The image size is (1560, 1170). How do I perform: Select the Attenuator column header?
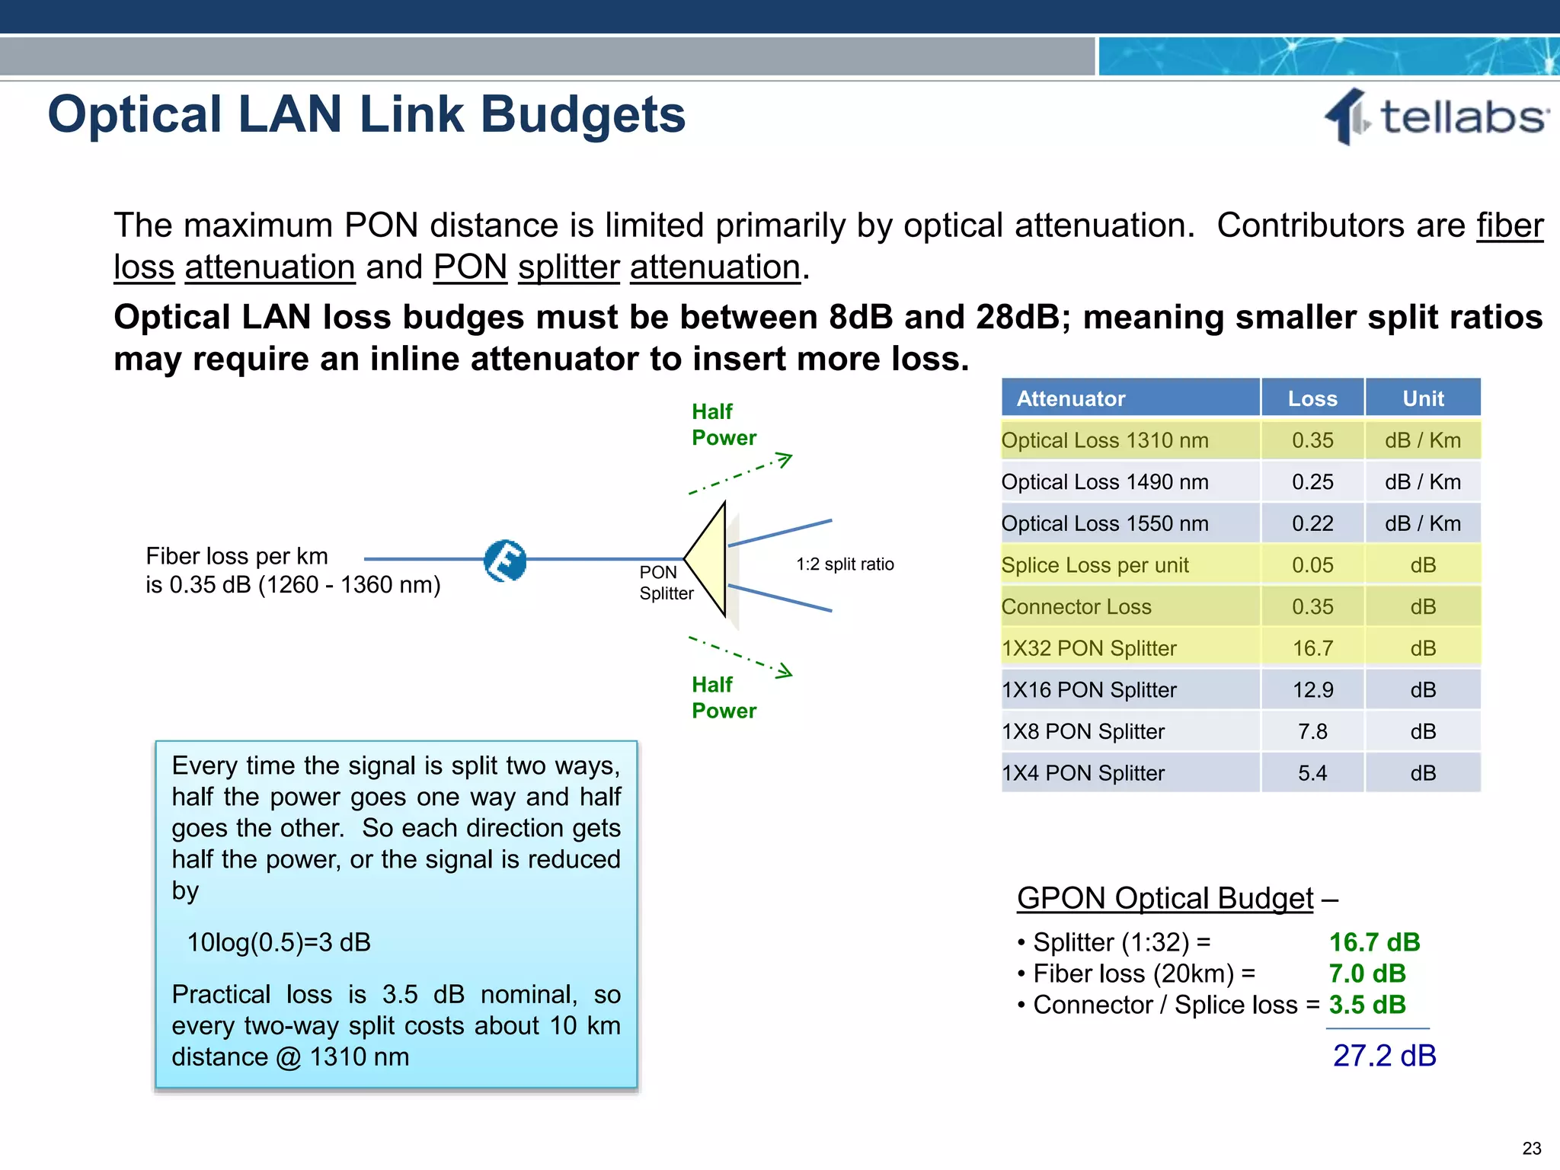[1070, 398]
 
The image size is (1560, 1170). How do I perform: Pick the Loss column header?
[1312, 398]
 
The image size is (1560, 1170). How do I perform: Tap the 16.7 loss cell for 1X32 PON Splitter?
[1312, 648]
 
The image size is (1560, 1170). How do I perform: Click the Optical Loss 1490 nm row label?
[1104, 482]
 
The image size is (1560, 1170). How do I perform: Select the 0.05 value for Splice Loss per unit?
[1312, 565]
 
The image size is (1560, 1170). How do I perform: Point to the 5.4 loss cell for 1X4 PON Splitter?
[1312, 773]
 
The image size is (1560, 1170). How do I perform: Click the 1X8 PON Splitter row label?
[1082, 732]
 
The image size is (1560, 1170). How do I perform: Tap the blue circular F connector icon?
[505, 561]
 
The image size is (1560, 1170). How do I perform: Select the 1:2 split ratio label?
[845, 564]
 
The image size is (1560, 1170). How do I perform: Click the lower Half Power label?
[723, 698]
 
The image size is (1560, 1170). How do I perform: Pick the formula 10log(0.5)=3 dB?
[279, 942]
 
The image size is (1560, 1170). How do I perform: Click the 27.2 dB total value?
[1384, 1056]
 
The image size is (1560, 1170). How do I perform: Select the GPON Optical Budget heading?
[1165, 898]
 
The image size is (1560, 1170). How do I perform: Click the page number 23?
[1531, 1148]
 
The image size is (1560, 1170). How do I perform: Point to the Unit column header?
[1422, 398]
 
